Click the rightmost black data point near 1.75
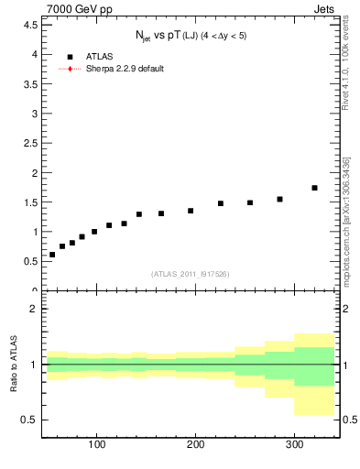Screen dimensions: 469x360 click(314, 188)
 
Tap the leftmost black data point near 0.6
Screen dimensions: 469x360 click(52, 255)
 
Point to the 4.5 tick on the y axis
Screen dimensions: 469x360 click(31, 25)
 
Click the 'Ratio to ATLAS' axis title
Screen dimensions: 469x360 click(15, 365)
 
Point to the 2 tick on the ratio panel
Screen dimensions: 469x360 click(34, 309)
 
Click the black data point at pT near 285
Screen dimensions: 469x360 click(279, 199)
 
